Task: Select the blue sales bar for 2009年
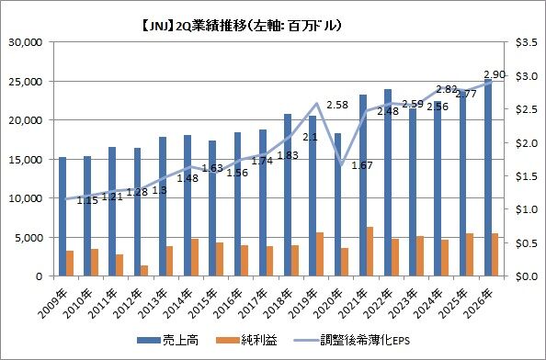coord(63,217)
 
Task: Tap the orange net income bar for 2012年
coord(144,271)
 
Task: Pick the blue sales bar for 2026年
coord(488,178)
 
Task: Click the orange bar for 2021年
coord(370,252)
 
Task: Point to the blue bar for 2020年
coord(338,205)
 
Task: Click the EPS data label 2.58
coord(337,105)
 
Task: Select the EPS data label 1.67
coord(362,165)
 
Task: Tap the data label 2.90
coord(495,74)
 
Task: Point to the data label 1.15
coord(87,201)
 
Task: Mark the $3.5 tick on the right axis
coord(527,42)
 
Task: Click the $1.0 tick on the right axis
coord(527,209)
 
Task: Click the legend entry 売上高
coord(167,341)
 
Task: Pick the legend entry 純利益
coord(246,341)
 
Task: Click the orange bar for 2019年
coord(320,254)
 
